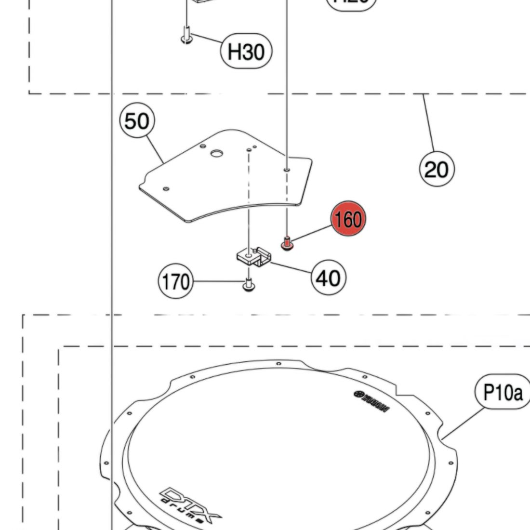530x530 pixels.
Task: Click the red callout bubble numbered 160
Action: pyautogui.click(x=348, y=219)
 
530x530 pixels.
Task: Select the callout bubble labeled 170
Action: pyautogui.click(x=175, y=281)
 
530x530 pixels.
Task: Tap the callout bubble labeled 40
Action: pyautogui.click(x=329, y=278)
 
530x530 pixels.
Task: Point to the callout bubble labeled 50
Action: pyautogui.click(x=137, y=121)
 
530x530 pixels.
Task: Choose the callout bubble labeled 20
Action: pyautogui.click(x=437, y=169)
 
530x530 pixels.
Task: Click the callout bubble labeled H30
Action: pyautogui.click(x=246, y=51)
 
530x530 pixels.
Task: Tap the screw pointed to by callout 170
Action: pyautogui.click(x=249, y=284)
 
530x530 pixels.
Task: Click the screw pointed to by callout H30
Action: pyautogui.click(x=186, y=36)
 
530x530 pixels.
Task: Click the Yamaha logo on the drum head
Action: pyautogui.click(x=371, y=401)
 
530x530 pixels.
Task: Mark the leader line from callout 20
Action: pyautogui.click(x=429, y=123)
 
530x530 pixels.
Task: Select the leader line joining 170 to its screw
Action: pyautogui.click(x=217, y=281)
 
